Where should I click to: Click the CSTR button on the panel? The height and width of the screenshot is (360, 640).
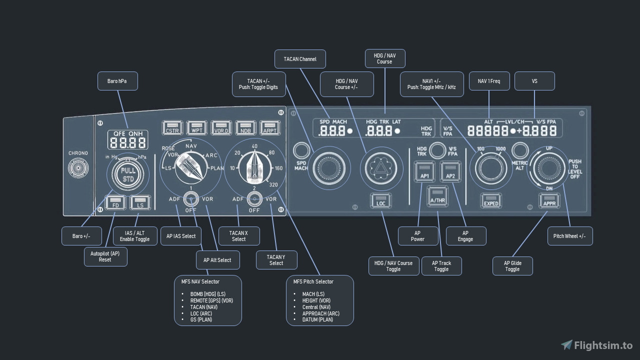pos(172,128)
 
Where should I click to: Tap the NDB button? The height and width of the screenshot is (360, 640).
pos(245,128)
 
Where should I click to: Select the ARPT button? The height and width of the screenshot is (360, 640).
pos(270,128)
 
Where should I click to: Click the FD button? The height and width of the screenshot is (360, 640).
pos(115,203)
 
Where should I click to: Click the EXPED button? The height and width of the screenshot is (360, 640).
pos(491,201)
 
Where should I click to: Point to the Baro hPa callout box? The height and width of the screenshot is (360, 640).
pos(117,81)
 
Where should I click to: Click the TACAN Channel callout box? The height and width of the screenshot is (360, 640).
pos(300,59)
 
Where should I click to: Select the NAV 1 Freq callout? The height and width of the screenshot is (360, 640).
pos(489,81)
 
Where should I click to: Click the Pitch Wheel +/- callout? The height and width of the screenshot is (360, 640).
pos(569,236)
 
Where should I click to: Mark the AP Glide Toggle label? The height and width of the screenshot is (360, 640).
pos(512,266)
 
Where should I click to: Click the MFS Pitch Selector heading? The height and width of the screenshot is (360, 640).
pos(313,281)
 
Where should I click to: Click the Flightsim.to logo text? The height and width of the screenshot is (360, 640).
pos(603,345)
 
